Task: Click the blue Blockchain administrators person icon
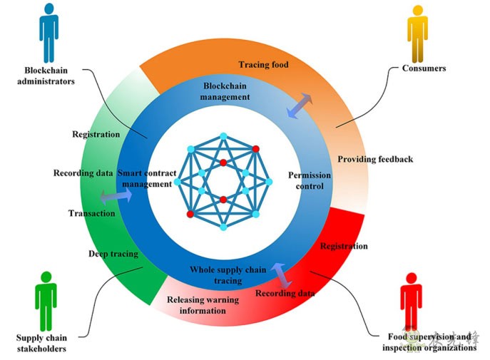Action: point(49,31)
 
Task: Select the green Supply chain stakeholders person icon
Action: point(46,299)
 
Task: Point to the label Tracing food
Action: point(263,65)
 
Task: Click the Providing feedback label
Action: point(375,159)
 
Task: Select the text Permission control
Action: point(307,180)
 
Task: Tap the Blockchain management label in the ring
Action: point(225,91)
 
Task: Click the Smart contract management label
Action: point(146,178)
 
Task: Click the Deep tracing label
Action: point(113,253)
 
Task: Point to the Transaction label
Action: point(91,213)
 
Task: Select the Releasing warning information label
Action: point(203,305)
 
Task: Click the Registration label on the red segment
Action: point(344,246)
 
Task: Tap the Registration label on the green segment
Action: point(96,134)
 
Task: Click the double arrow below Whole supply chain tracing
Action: point(278,274)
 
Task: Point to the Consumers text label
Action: point(424,68)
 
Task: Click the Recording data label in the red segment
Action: point(285,293)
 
